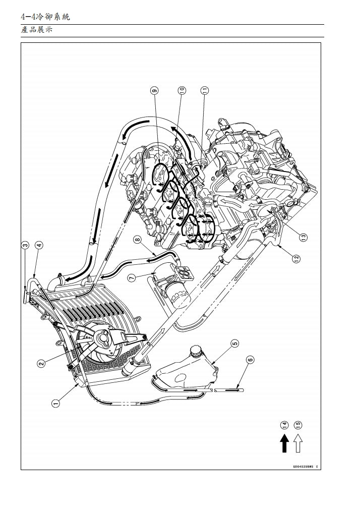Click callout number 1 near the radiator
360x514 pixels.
(56, 403)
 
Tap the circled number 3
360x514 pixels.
(25, 245)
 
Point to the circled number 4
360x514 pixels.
(39, 245)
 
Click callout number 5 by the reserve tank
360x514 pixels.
(234, 344)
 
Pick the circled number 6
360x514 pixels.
(250, 360)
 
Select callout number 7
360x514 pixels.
(131, 277)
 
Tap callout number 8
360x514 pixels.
(137, 240)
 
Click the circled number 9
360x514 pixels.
(154, 90)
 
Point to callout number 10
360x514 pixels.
(182, 90)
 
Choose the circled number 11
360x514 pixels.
(204, 90)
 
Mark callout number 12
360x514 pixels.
(296, 258)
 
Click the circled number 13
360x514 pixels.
(303, 236)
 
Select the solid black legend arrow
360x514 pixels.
(284, 443)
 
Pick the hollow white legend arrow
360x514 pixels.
(297, 443)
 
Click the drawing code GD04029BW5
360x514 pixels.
(305, 467)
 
